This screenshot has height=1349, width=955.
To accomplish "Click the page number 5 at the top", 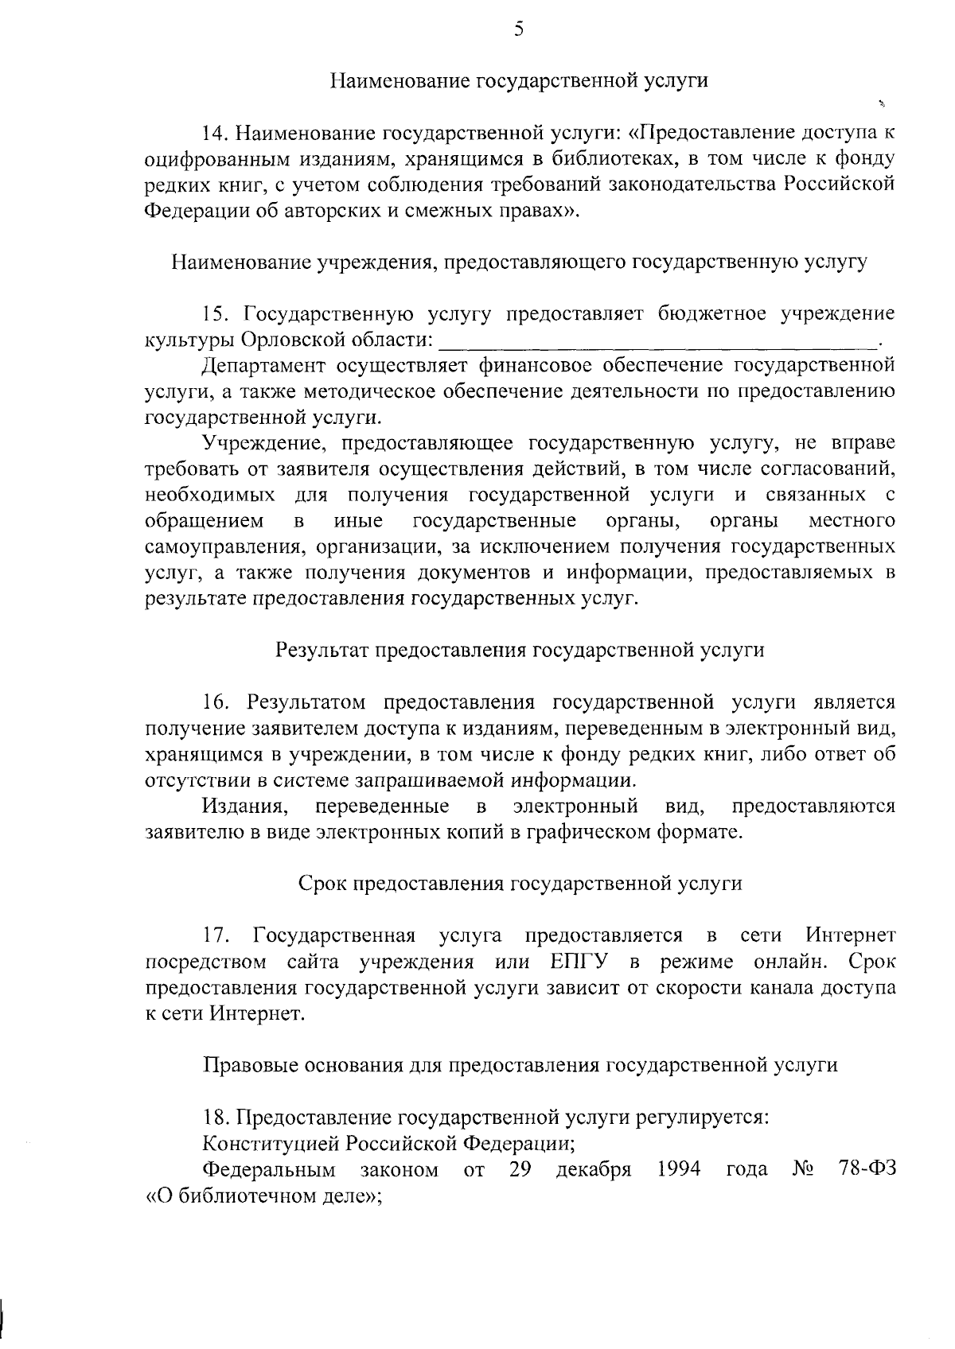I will pos(518,30).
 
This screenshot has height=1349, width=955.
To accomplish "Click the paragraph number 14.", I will pos(216,132).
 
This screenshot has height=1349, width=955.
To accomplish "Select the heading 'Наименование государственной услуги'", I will pos(519,80).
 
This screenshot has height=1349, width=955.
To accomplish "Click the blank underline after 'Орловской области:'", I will pos(657,342).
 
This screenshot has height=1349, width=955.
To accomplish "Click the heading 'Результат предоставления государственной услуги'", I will pos(519,651).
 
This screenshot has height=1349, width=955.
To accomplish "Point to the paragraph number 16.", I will pos(216,702).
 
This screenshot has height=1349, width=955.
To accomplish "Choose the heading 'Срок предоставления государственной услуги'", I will pos(520,884).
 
